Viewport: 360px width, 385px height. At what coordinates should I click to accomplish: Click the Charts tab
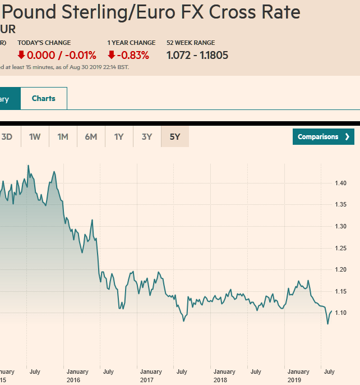click(x=44, y=98)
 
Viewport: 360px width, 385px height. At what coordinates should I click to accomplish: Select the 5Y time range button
click(x=175, y=136)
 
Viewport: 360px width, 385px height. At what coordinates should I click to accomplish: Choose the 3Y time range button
click(x=147, y=136)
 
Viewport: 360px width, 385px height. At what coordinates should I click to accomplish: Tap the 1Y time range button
click(x=119, y=136)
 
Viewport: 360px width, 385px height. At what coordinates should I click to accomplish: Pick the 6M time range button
click(x=91, y=136)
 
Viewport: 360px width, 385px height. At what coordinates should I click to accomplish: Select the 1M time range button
click(x=63, y=136)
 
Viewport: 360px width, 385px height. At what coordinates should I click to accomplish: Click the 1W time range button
click(x=35, y=136)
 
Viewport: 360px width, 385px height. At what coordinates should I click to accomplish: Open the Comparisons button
click(x=324, y=136)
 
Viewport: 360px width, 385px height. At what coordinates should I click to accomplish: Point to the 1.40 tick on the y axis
click(x=341, y=183)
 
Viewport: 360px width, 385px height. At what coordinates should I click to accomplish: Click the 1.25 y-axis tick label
click(x=341, y=248)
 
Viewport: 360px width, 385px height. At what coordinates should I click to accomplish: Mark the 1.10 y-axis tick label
click(x=341, y=313)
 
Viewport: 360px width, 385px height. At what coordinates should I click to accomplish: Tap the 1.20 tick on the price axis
click(x=341, y=269)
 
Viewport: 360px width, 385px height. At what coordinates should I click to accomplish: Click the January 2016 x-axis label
click(x=77, y=375)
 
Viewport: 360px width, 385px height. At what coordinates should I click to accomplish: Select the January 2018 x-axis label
click(x=224, y=375)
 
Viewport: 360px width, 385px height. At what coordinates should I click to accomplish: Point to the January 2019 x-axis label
click(x=298, y=375)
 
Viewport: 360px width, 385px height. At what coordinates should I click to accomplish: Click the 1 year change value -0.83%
click(x=133, y=55)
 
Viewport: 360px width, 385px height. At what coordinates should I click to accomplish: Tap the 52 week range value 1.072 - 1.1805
click(x=197, y=55)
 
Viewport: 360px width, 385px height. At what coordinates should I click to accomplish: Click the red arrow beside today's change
click(x=21, y=55)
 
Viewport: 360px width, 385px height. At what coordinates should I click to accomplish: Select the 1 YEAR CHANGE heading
click(x=131, y=43)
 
